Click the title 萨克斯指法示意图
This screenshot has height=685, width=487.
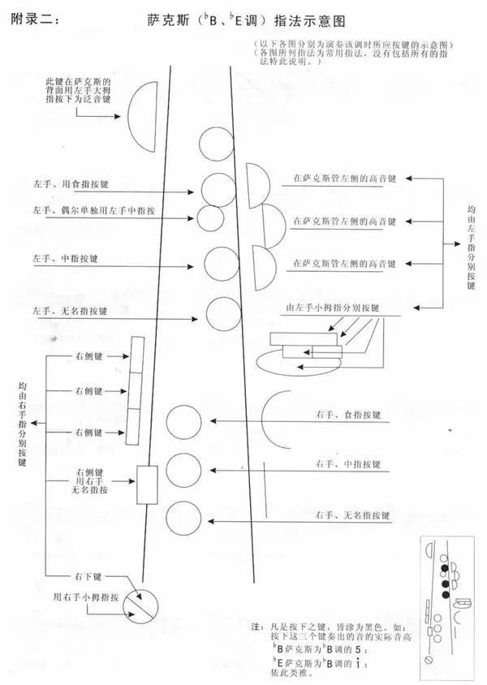pos(246,20)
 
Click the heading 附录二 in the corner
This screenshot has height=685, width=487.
pos(35,19)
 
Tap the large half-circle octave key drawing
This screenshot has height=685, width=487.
pos(142,116)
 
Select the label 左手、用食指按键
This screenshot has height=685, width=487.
pos(71,184)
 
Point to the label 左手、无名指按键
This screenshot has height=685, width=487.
pos(70,311)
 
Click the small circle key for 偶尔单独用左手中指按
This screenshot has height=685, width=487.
pos(210,218)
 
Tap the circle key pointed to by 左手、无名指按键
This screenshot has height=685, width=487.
pos(224,314)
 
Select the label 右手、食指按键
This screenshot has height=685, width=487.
pos(348,415)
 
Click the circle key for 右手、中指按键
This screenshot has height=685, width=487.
pos(184,471)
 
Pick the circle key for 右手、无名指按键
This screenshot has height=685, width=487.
pos(184,518)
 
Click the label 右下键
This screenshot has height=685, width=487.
pos(88,577)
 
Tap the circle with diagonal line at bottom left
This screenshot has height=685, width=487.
pos(140,607)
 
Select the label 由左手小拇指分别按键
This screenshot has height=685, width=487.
pos(333,308)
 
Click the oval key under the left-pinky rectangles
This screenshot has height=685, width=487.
pos(299,362)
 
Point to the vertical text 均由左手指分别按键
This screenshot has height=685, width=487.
pos(471,248)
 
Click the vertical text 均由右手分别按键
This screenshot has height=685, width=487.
pos(22,424)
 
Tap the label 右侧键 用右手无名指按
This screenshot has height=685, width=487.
pos(90,481)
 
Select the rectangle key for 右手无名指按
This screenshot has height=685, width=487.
pos(147,485)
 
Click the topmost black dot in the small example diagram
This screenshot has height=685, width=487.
pos(445,568)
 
